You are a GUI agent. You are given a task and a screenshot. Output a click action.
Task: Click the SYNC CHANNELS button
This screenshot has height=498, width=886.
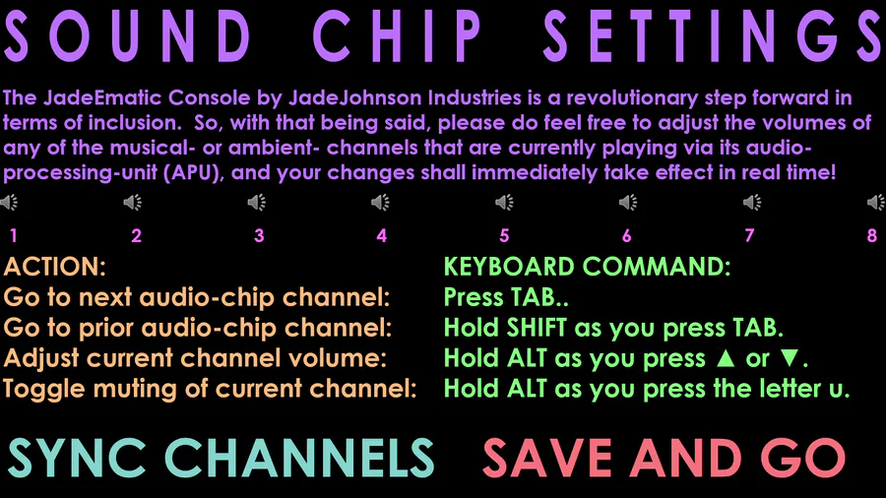point(221,458)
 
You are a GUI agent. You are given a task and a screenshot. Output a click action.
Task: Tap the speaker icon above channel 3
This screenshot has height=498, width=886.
point(257,202)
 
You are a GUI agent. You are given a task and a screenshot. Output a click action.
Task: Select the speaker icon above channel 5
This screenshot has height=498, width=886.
point(504,202)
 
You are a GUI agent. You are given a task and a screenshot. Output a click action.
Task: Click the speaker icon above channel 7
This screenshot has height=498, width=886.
point(752,202)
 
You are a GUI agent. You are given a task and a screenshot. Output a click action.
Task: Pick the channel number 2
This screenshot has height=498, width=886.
point(136,235)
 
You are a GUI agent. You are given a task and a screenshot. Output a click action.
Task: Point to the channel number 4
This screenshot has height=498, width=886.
point(381,235)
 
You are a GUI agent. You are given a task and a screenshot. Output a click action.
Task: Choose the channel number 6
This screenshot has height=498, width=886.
point(627,235)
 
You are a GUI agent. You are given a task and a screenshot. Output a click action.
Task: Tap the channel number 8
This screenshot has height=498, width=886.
point(872,235)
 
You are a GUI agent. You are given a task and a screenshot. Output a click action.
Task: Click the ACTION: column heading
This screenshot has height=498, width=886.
point(55,267)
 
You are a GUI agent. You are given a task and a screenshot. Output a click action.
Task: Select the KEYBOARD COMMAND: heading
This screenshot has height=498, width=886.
point(587,267)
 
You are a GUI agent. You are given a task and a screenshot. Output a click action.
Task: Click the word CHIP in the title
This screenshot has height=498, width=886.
point(398,36)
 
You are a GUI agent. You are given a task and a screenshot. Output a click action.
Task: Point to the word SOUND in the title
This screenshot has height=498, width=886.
point(127,36)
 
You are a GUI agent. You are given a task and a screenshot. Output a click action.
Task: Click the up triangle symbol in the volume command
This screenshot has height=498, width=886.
point(726,358)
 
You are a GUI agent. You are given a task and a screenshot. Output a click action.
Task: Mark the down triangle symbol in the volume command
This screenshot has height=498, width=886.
point(790,358)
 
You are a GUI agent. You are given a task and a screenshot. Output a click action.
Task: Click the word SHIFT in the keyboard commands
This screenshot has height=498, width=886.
point(537,328)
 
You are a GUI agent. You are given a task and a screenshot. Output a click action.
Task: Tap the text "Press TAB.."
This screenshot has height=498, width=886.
point(506,297)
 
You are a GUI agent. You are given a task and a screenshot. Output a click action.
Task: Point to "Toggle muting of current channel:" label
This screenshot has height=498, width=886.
point(211,389)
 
